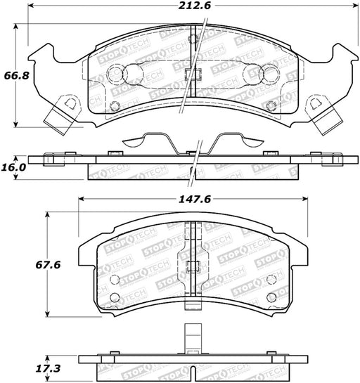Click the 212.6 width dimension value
[194, 6]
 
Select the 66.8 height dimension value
[16, 75]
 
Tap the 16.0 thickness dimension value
[13, 167]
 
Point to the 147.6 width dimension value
[195, 200]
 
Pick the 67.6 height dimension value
[48, 265]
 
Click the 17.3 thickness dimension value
[48, 368]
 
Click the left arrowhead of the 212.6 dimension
[30, 6]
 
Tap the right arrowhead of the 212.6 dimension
[356, 6]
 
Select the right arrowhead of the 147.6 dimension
[305, 199]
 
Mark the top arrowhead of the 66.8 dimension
[16, 27]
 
